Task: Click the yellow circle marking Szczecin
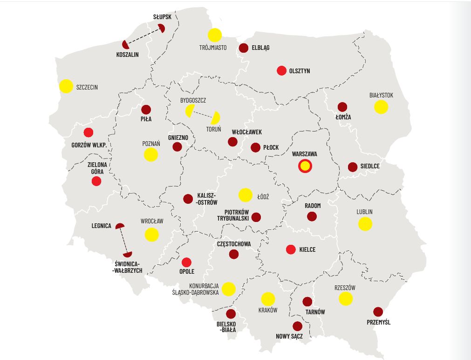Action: click(x=66, y=86)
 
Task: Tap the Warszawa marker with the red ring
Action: click(x=305, y=166)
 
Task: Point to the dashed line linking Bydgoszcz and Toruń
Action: click(x=203, y=114)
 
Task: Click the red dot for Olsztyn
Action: click(x=281, y=71)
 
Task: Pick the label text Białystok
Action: click(x=381, y=95)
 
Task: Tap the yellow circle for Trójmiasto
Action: click(x=214, y=35)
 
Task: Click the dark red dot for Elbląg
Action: click(x=243, y=48)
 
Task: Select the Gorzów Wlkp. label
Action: click(x=89, y=145)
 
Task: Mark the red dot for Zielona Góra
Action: click(x=96, y=181)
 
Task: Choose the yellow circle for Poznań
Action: click(x=151, y=155)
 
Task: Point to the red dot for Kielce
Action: click(x=291, y=249)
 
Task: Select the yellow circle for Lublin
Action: click(x=365, y=224)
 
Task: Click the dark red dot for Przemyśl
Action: click(x=378, y=312)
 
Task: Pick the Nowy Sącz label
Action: click(x=289, y=336)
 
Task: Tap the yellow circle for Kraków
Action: click(x=268, y=299)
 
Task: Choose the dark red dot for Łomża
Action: click(x=342, y=107)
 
